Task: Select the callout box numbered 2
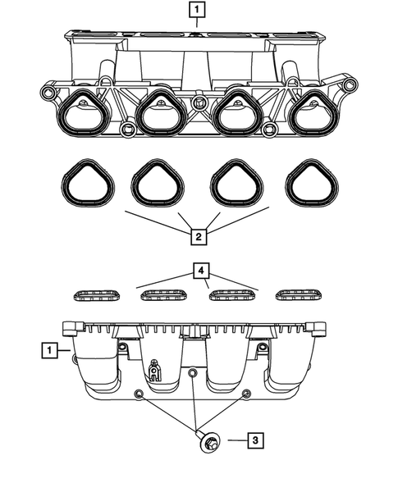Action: (x=198, y=237)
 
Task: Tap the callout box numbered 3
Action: (x=256, y=441)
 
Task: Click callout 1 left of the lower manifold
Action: (x=51, y=351)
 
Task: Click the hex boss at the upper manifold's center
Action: (x=199, y=103)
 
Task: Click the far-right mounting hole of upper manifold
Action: (x=351, y=85)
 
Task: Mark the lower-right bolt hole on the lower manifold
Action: (x=245, y=395)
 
